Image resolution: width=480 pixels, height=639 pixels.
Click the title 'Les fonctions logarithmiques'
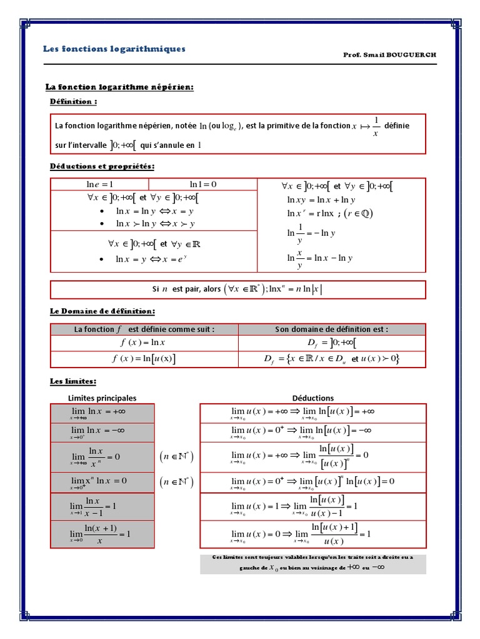tap(114, 49)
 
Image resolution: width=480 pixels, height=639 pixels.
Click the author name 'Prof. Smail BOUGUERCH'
tap(389, 55)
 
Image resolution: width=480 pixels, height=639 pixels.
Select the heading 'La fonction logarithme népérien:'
tap(119, 87)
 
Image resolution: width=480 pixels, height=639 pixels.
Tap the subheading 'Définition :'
tap(73, 101)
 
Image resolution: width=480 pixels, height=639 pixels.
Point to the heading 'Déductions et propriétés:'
tap(102, 166)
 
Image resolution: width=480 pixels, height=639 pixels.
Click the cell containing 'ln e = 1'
tap(99, 184)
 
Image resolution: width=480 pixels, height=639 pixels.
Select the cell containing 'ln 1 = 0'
tap(202, 184)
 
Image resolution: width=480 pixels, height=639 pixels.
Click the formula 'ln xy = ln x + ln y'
tap(321, 200)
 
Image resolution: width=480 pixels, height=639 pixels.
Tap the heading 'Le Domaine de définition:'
tap(102, 311)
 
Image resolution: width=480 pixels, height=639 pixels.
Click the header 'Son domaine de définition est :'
tap(331, 329)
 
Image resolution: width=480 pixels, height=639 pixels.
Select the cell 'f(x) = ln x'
tap(143, 343)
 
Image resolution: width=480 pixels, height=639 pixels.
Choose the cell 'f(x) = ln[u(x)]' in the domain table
tap(143, 359)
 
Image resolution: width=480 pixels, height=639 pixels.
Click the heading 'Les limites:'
tap(73, 381)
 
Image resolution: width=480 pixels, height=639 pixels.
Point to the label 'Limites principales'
tap(102, 398)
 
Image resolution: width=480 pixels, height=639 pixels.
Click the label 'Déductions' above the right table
tap(312, 398)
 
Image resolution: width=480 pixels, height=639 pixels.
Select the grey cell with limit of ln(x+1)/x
tap(102, 534)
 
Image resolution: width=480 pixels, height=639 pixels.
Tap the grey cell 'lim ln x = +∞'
tap(102, 412)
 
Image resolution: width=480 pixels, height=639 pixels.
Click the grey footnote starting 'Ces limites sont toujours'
tap(312, 563)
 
